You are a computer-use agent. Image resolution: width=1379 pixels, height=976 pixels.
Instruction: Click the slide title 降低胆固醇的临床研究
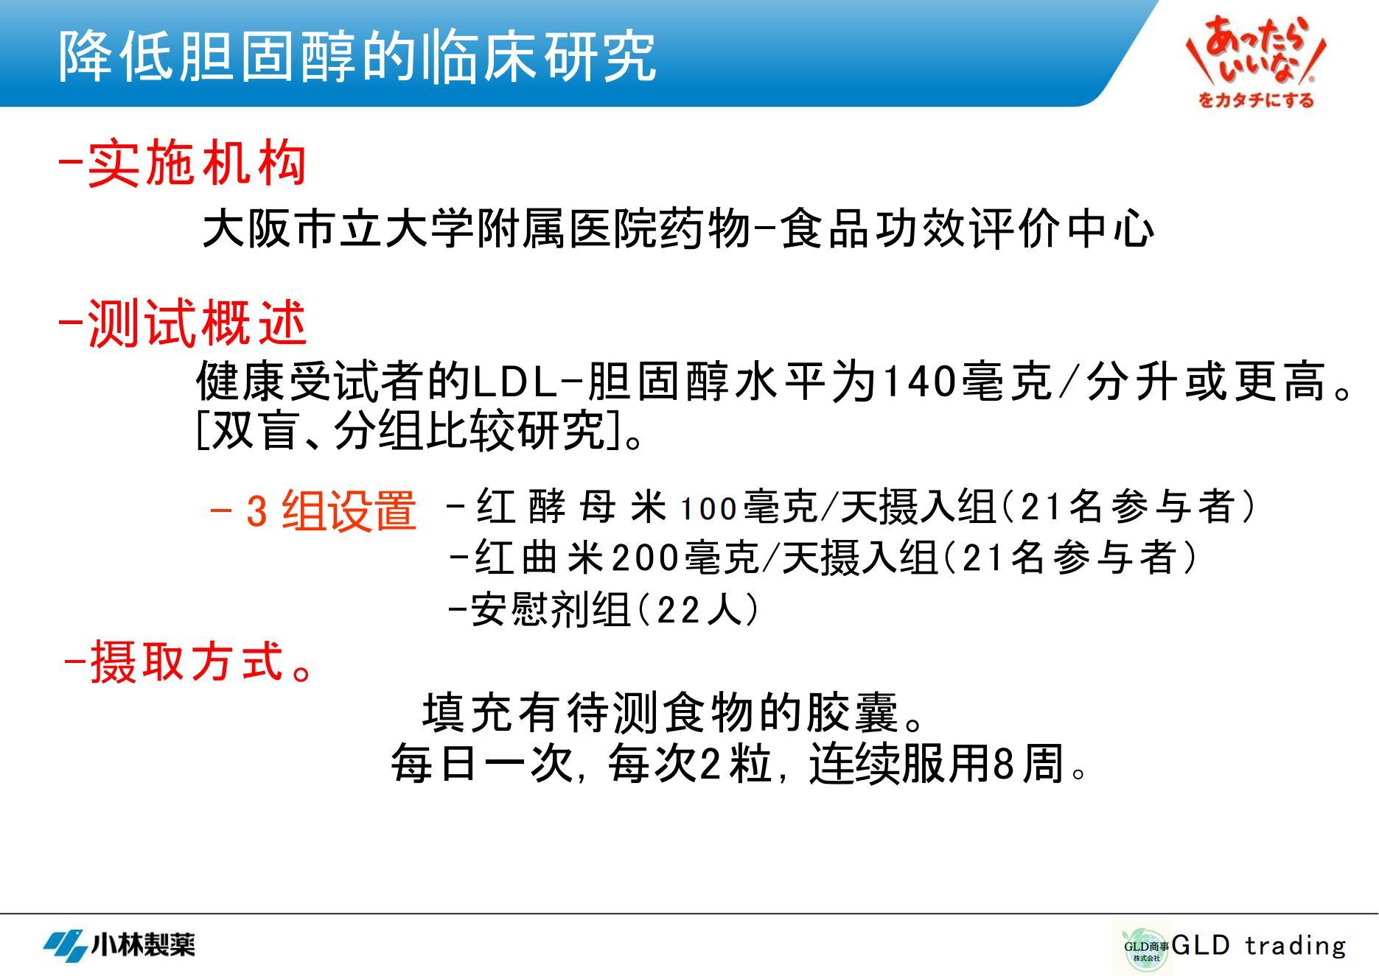point(357,55)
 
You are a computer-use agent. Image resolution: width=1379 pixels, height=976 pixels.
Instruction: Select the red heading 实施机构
point(197,163)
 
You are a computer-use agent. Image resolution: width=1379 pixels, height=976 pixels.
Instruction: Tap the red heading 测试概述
point(197,323)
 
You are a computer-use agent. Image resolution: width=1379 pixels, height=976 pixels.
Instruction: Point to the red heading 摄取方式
point(187,661)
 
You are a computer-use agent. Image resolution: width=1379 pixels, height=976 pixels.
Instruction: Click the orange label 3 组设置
point(331,510)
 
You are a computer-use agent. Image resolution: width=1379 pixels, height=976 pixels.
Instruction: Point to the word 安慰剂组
point(550,610)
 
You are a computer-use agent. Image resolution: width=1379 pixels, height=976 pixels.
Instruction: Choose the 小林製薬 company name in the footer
point(143,944)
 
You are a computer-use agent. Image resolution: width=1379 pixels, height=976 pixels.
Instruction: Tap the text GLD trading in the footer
point(1259,945)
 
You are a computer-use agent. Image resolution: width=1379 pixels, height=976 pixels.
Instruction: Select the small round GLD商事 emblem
point(1142,948)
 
